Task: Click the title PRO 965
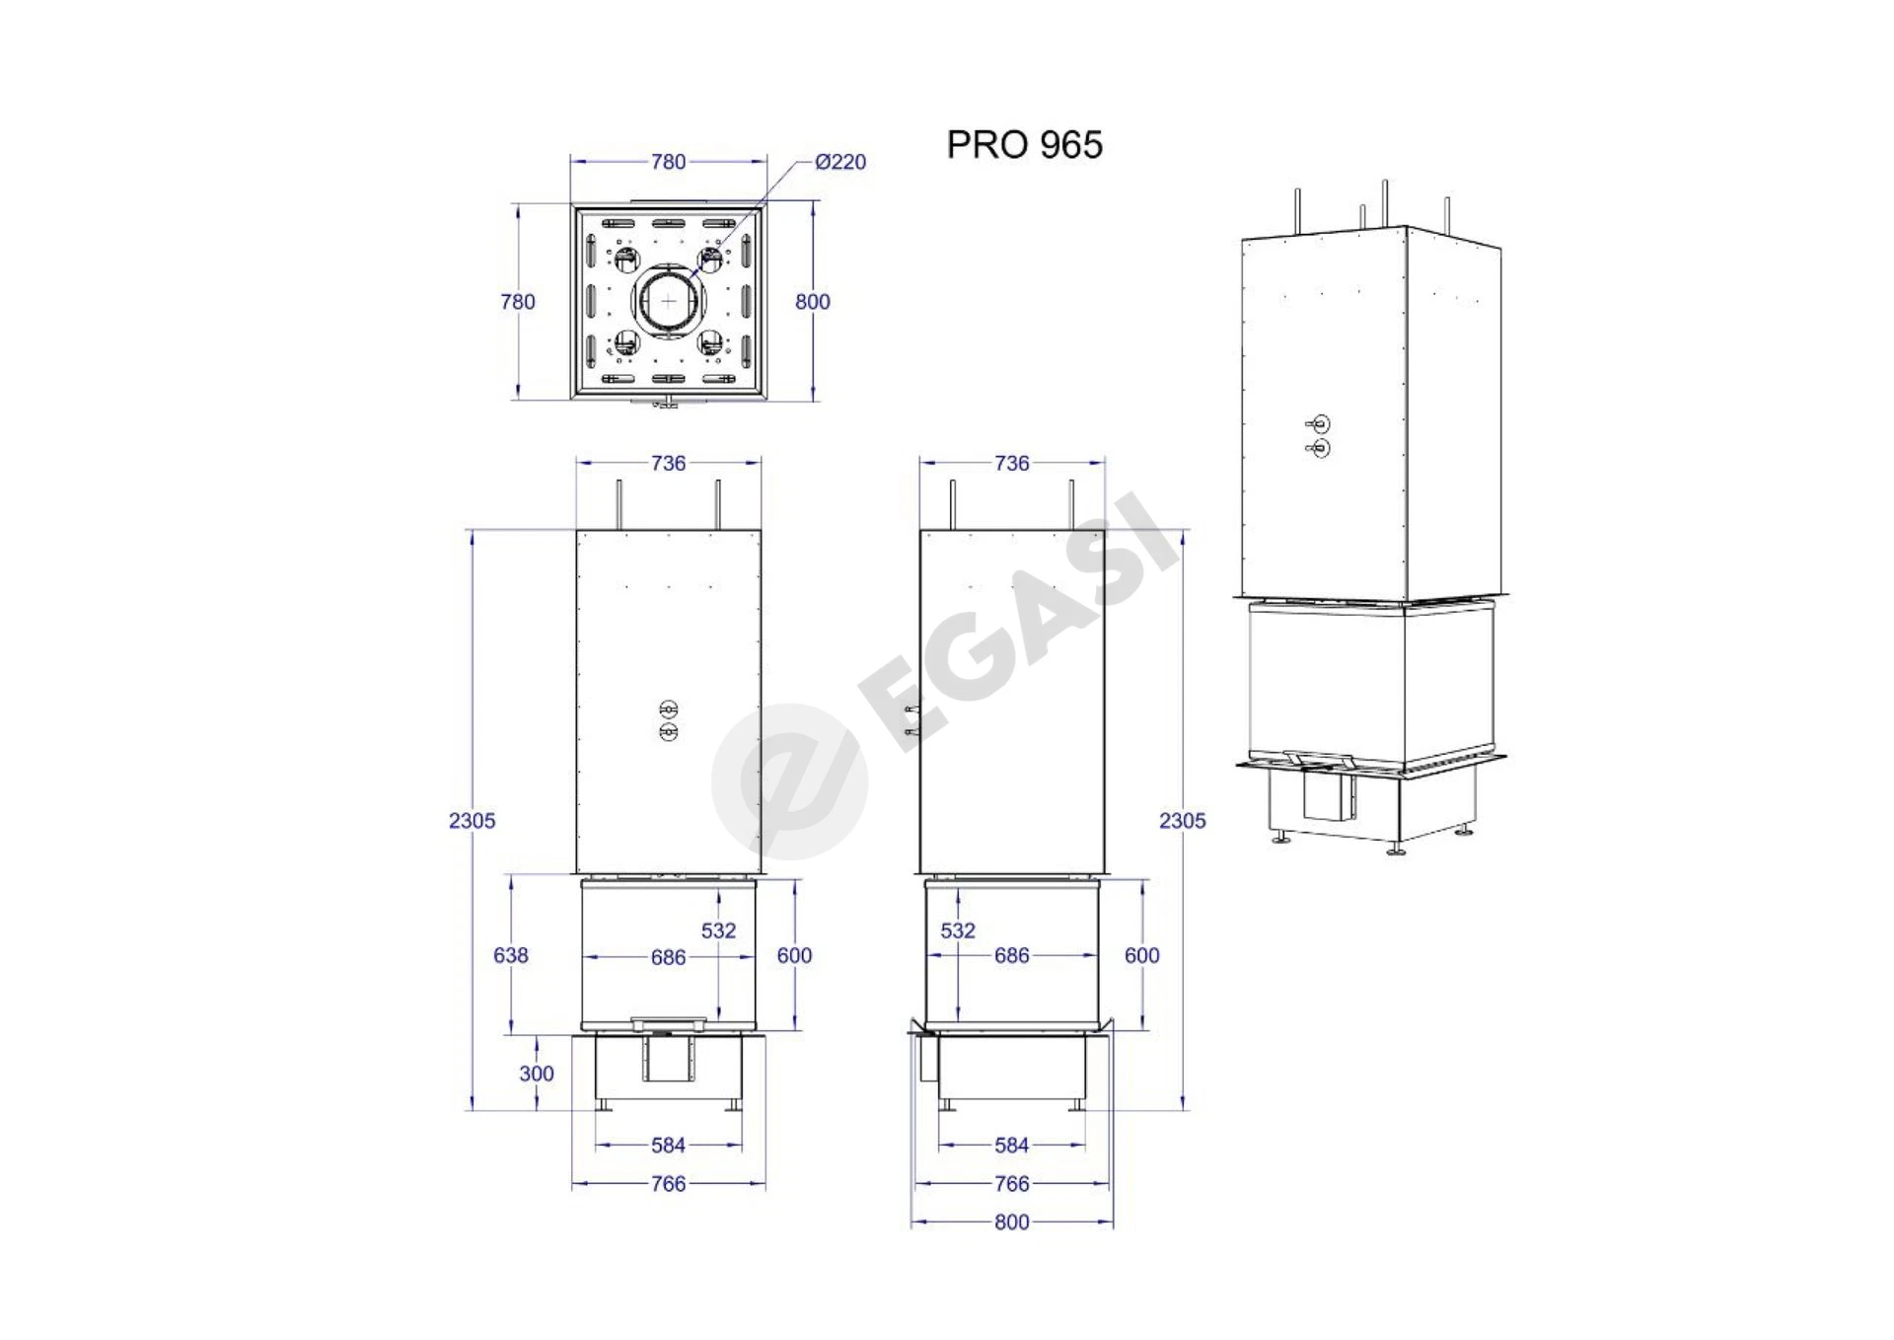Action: (1024, 145)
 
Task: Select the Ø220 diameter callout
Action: (840, 162)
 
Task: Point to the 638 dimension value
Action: (511, 955)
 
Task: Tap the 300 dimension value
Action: (537, 1074)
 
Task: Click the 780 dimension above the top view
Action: (668, 162)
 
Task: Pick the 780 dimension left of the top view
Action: (518, 302)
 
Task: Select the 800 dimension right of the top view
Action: (813, 302)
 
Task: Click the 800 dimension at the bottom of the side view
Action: (1012, 1222)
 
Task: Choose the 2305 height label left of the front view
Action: (473, 821)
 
